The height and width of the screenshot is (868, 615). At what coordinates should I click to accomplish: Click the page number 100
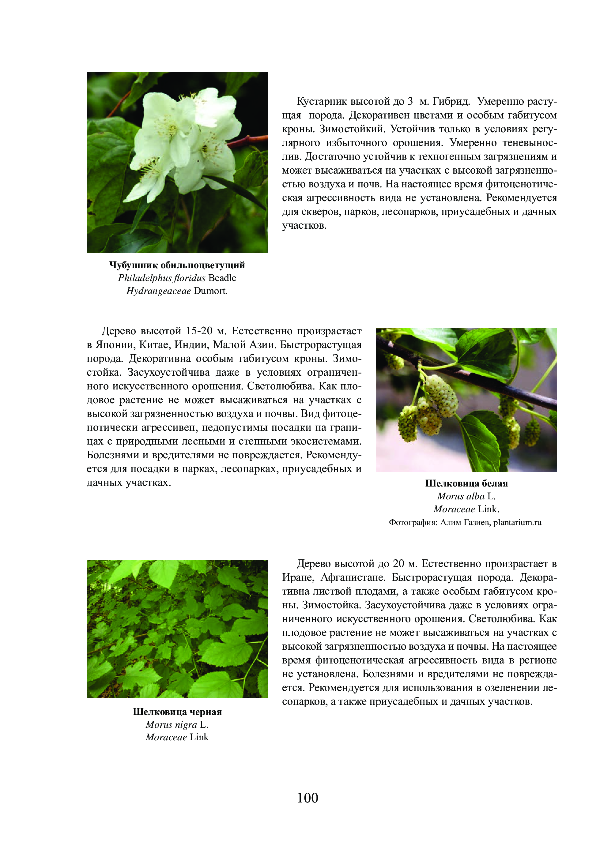click(307, 798)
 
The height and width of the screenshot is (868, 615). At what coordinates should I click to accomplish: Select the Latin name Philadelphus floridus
click(161, 278)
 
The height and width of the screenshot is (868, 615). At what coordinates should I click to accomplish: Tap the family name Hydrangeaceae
click(158, 291)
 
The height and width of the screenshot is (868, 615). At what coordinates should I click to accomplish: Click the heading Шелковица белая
click(466, 483)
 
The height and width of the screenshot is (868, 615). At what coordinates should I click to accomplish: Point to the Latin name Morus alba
click(461, 496)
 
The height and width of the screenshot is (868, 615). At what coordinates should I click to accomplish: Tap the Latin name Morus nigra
click(171, 724)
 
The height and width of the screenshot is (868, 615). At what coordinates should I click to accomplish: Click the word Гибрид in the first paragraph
click(451, 101)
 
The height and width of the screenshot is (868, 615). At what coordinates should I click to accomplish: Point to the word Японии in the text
click(114, 345)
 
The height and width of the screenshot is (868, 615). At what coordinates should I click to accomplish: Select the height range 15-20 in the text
click(199, 331)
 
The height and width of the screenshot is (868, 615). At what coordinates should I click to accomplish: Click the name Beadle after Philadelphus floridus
click(222, 278)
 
